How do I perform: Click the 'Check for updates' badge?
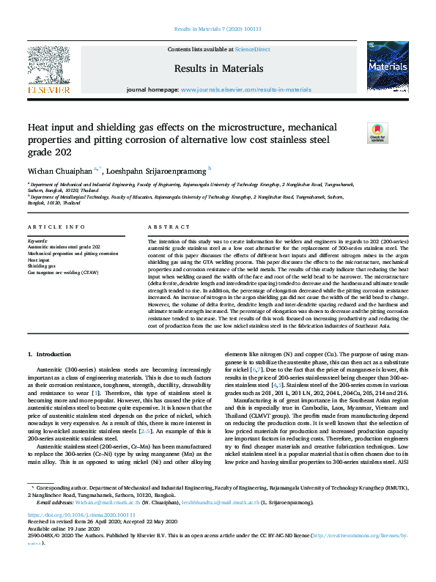[356, 133]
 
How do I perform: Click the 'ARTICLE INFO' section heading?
[56, 227]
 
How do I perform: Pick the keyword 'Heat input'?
[40, 259]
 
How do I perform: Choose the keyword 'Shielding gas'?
[42, 266]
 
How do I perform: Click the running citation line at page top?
[218, 29]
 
